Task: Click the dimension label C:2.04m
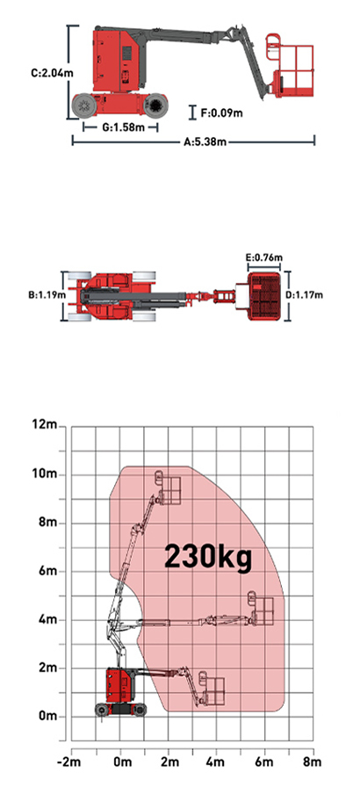(52, 73)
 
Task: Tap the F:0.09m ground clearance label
(221, 112)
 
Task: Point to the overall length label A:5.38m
(205, 141)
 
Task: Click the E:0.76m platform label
(264, 257)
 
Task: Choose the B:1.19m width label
(47, 295)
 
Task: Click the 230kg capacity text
(208, 557)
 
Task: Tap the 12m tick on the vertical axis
(45, 425)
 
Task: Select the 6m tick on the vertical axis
(48, 571)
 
